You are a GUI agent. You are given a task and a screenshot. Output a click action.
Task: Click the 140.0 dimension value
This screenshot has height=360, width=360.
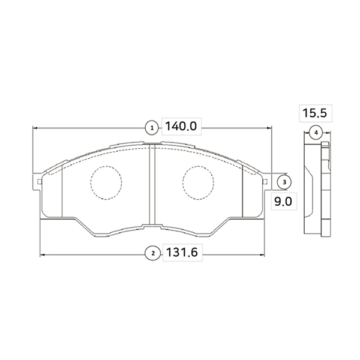181,126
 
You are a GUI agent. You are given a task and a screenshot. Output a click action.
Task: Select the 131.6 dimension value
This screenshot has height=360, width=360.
182,253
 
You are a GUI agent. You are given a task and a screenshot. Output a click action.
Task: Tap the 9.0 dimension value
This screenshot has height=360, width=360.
283,202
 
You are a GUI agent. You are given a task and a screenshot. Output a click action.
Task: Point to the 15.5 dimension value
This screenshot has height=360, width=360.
314,113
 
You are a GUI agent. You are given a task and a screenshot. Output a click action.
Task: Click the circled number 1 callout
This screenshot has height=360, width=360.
152,128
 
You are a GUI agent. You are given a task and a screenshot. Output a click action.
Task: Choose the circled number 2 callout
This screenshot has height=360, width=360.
152,253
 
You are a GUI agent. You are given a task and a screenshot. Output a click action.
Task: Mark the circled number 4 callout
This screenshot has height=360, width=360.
316,133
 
